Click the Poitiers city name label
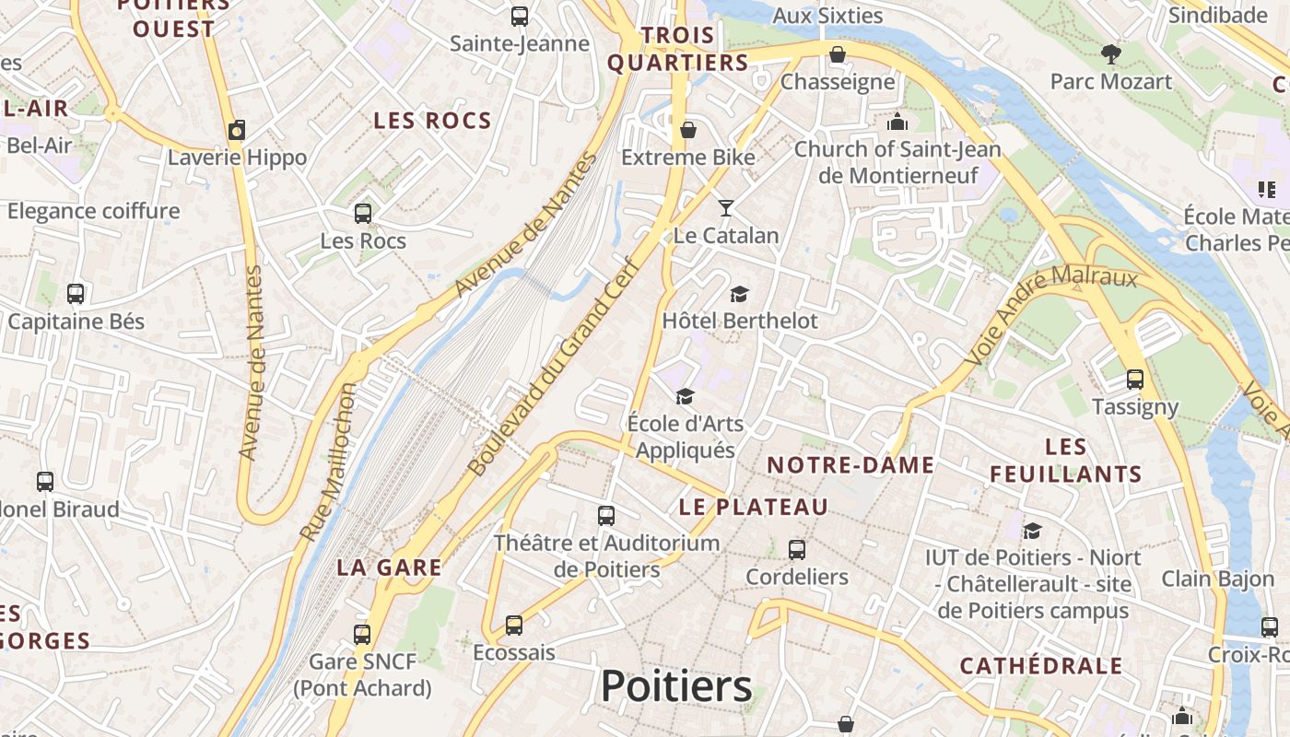click(676, 686)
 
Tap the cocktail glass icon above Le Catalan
click(726, 208)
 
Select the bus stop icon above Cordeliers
click(797, 550)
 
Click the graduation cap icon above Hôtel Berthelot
click(739, 294)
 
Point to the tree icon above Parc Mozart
click(1111, 54)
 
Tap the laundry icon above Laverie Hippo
click(237, 130)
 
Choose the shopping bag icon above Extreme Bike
click(687, 130)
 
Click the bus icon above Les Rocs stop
click(363, 214)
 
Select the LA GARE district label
click(389, 567)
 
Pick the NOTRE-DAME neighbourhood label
click(850, 465)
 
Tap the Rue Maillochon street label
click(328, 462)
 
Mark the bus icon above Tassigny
click(1135, 380)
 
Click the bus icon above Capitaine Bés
click(76, 294)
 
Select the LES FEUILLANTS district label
click(1066, 461)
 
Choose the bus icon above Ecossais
click(514, 626)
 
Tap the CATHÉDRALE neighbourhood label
click(1041, 666)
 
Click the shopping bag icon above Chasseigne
click(838, 54)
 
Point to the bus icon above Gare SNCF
click(362, 634)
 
